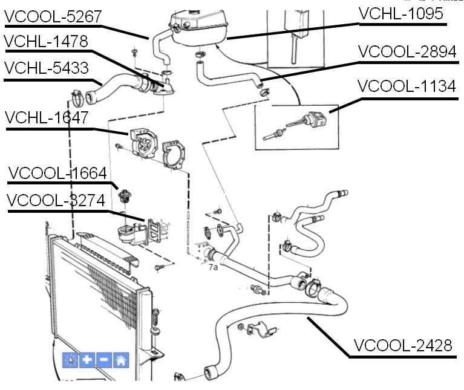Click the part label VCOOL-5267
click(x=53, y=17)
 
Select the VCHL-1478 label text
click(x=46, y=42)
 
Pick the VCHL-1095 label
click(x=401, y=13)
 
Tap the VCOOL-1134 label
click(x=407, y=86)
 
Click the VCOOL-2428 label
click(x=403, y=345)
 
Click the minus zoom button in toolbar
click(x=104, y=360)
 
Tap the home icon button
click(x=121, y=360)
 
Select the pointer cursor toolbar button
click(x=71, y=360)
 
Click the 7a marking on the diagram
click(x=213, y=267)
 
